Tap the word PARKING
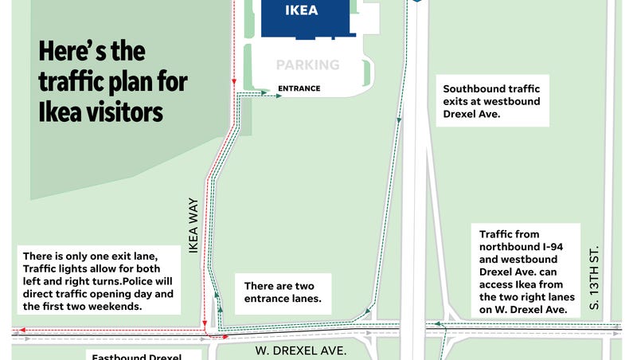tap(307, 65)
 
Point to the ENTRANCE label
tap(299, 88)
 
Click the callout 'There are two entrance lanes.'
tap(278, 292)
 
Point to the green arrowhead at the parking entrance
tap(279, 96)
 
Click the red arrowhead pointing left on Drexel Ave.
tap(23, 329)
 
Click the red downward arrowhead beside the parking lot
tap(234, 82)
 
